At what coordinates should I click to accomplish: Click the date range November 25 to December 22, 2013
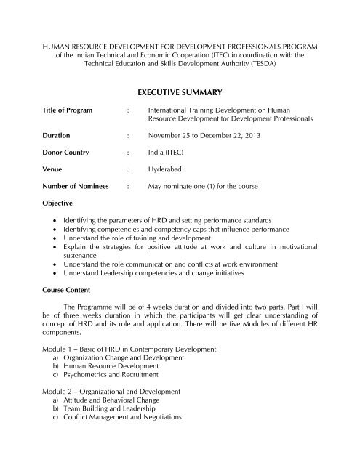(x=209, y=134)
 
